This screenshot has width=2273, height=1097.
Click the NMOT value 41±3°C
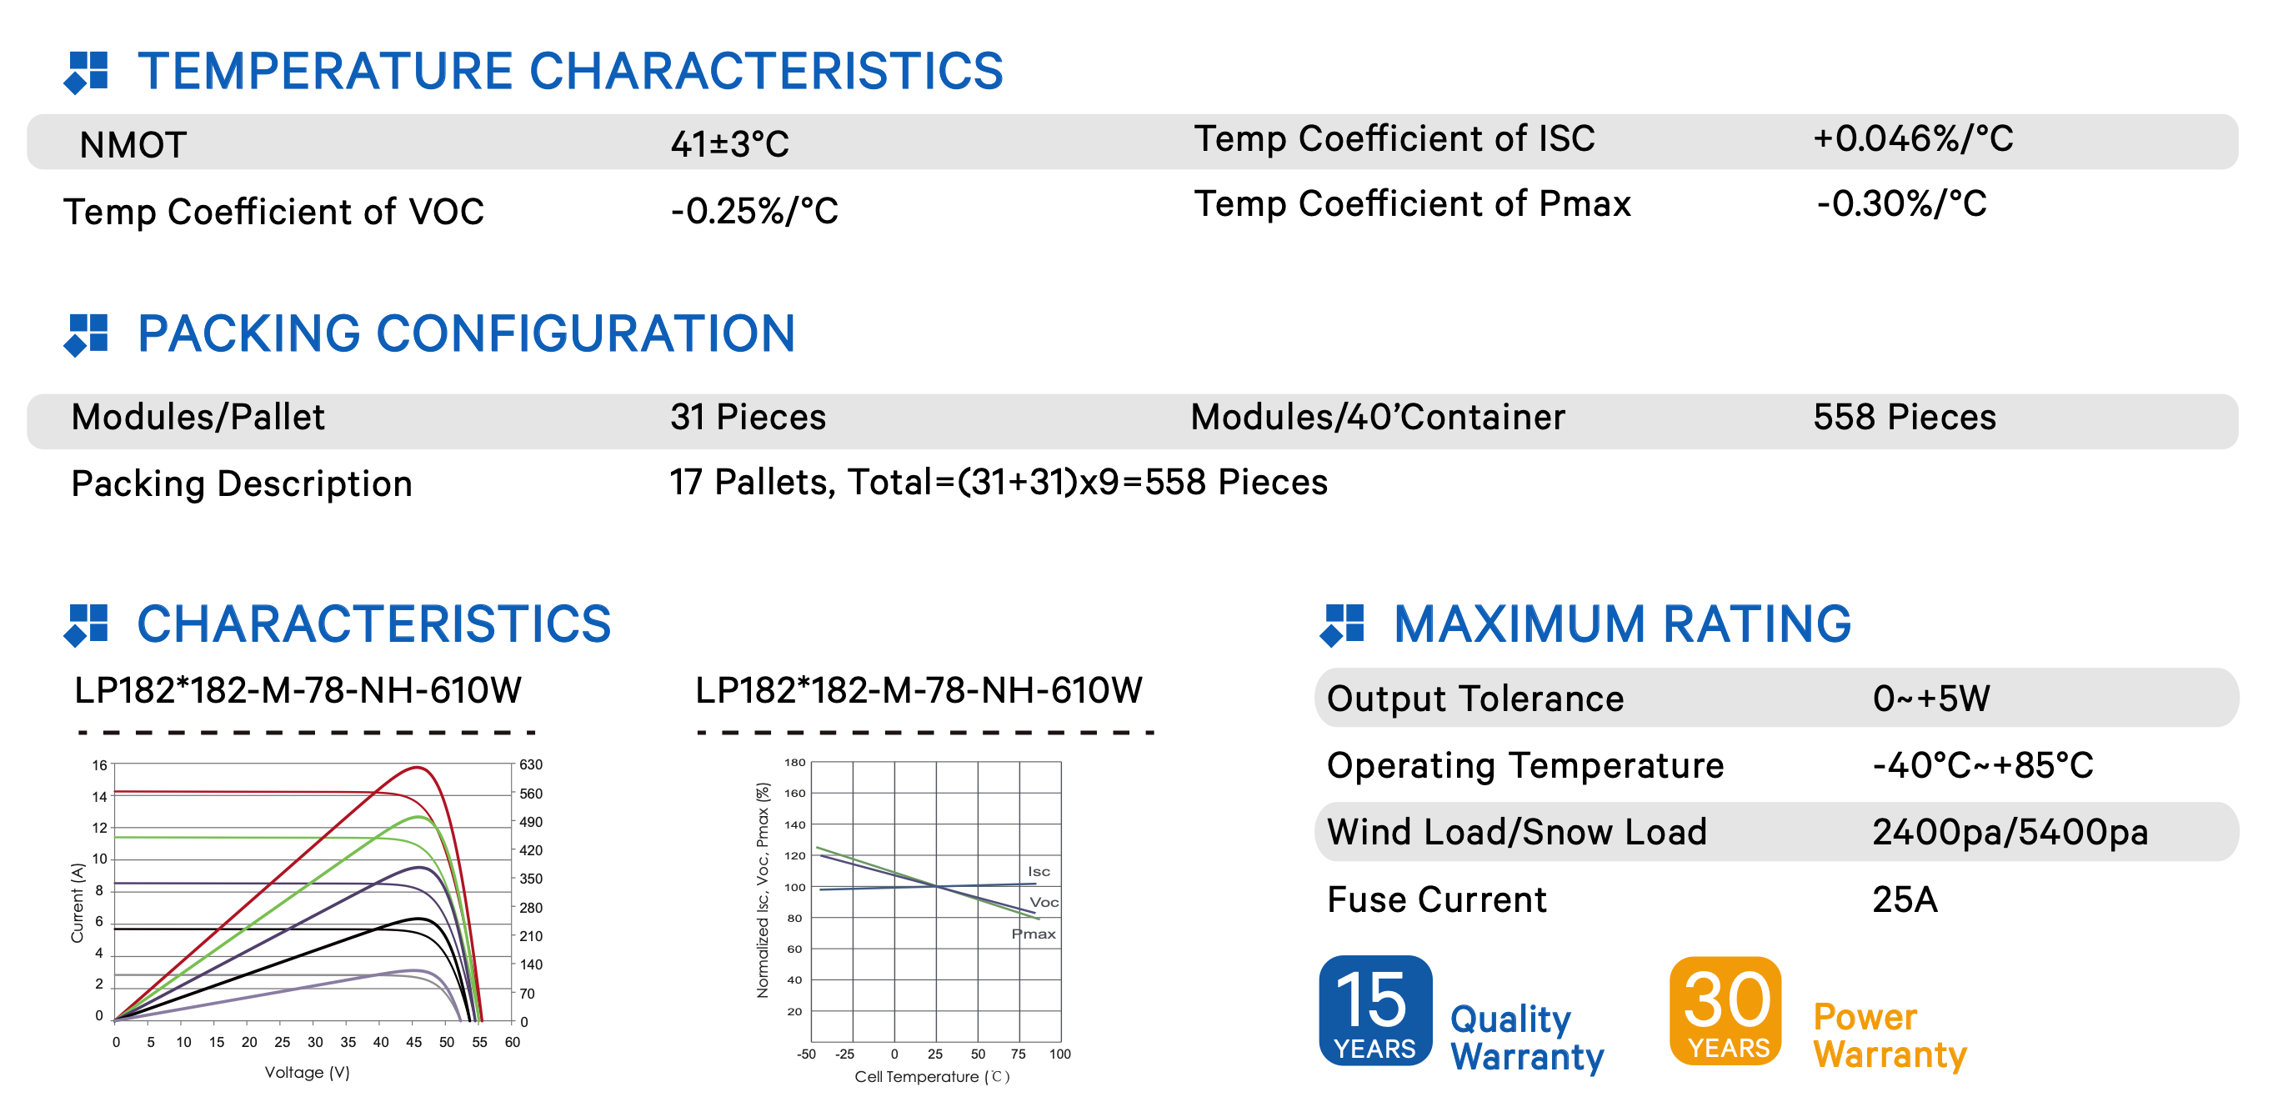coord(728,144)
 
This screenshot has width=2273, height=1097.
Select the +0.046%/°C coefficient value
coord(1913,138)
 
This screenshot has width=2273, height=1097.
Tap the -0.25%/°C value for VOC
coord(753,211)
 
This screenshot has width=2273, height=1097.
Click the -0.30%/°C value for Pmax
coord(1901,204)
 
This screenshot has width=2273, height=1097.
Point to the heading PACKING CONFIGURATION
coord(466,333)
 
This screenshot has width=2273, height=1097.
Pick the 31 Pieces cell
coord(748,417)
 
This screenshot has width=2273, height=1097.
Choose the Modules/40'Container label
coord(1378,417)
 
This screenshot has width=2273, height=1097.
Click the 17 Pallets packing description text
coord(998,483)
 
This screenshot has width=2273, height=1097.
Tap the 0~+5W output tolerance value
coord(1930,698)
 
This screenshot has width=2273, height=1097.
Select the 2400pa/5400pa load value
coord(2010,832)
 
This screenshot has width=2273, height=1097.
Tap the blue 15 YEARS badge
coord(1374,1010)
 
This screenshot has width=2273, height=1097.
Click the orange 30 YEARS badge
coord(1725,1010)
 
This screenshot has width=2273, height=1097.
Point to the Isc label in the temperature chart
coord(1039,872)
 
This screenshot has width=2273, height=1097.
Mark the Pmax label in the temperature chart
coord(1034,934)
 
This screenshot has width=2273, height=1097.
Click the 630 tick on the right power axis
coord(530,764)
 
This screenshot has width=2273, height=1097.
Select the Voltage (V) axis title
coord(307,1072)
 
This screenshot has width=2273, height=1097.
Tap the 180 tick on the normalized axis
coord(795,763)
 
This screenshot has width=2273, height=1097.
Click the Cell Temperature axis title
coord(932,1077)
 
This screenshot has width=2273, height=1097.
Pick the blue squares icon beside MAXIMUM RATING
coord(1342,625)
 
